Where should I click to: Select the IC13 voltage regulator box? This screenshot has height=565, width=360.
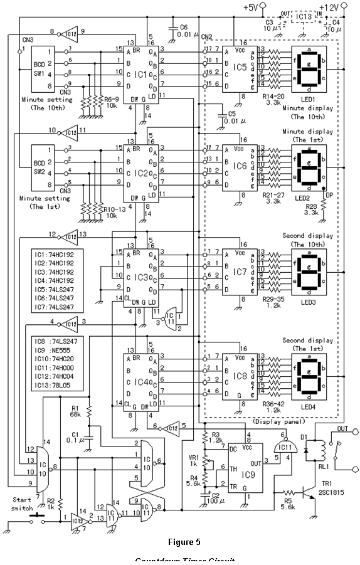(x=304, y=16)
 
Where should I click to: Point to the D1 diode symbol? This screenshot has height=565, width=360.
(x=307, y=450)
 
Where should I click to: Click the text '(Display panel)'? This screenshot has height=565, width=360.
(x=272, y=423)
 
